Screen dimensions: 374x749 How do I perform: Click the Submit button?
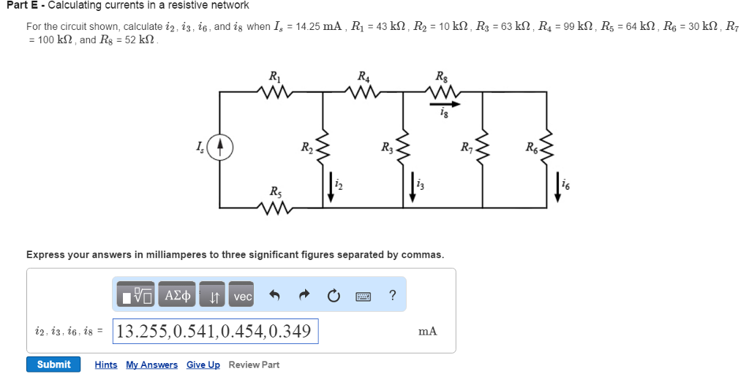click(53, 365)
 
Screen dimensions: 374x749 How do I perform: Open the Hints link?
click(106, 365)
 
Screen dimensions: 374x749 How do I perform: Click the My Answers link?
click(151, 365)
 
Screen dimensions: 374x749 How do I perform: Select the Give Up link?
click(203, 365)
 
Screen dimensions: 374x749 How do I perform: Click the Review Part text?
click(254, 365)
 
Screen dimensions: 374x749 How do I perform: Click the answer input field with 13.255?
click(216, 331)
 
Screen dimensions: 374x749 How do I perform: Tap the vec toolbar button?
click(242, 296)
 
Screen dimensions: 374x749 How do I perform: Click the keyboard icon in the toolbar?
click(364, 296)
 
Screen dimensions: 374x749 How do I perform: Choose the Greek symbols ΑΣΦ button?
click(178, 296)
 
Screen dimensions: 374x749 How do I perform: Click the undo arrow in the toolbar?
click(275, 296)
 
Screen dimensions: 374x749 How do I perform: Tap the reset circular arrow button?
click(334, 296)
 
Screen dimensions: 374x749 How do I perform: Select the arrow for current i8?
click(445, 104)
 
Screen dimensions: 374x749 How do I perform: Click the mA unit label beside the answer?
click(428, 331)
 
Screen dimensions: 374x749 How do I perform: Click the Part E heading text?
click(127, 5)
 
